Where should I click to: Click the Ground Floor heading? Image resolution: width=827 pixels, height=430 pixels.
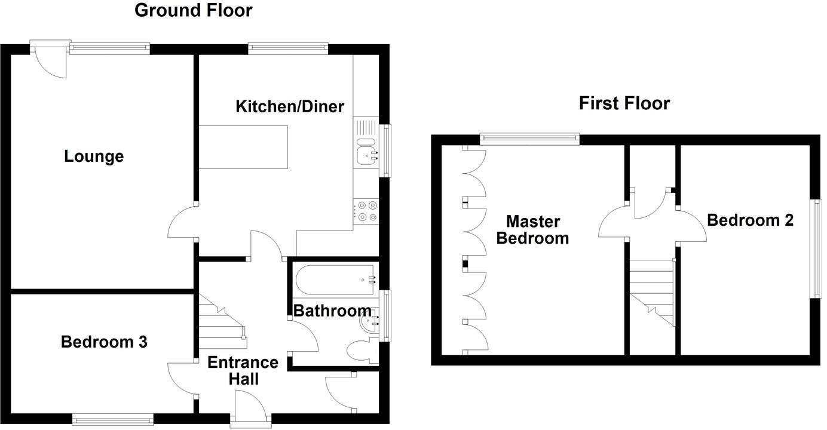193,10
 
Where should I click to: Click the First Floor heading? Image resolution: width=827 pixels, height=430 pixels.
624,103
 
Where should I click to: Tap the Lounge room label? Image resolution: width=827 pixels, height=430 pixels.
94,156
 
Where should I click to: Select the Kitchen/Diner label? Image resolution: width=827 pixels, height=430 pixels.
290,107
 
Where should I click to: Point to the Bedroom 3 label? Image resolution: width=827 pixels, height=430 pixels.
104,342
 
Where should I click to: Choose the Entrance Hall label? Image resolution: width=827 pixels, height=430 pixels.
243,370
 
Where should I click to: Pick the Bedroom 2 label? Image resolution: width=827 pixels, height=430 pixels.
750,220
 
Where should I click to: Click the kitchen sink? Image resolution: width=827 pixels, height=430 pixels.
366,149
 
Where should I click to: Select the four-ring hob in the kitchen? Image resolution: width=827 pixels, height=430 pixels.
367,211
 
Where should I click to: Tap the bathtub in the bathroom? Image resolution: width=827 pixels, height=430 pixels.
335,279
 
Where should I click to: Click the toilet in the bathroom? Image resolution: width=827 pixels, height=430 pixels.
360,350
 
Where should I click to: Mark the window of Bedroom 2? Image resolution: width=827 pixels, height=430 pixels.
816,248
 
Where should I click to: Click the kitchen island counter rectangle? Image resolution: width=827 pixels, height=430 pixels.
243,147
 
